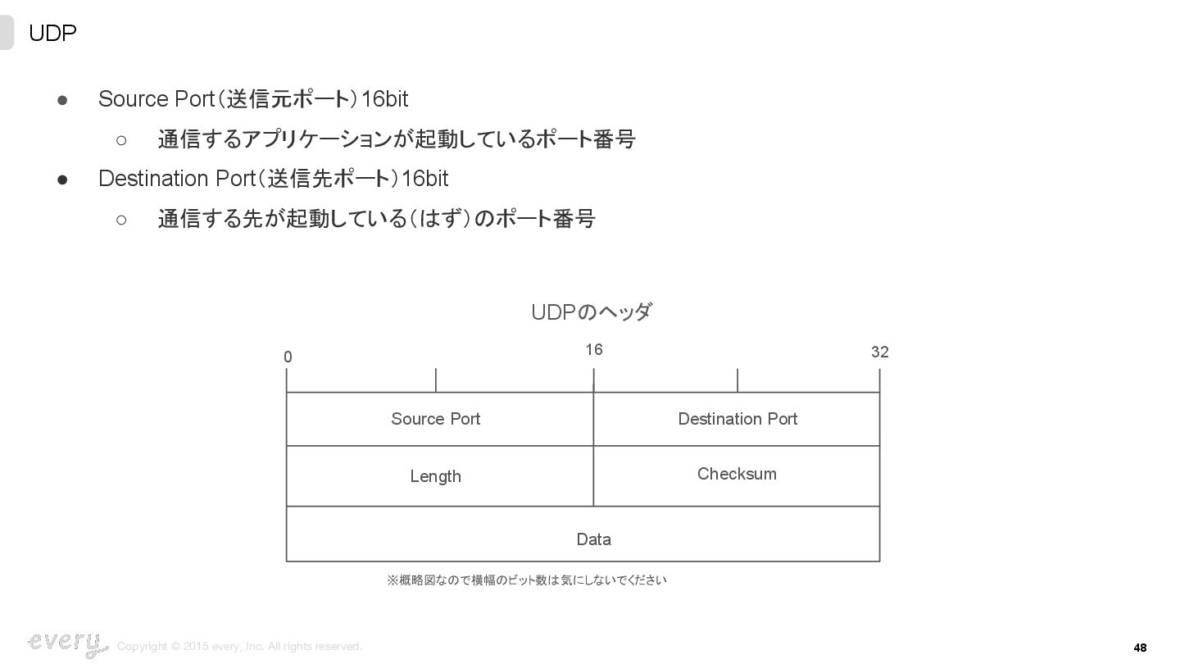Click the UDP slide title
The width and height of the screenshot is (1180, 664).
(x=52, y=34)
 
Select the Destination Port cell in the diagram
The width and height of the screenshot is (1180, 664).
(x=737, y=419)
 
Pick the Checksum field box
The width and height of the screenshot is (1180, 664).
(x=737, y=475)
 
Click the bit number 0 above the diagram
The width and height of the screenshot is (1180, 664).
(x=288, y=357)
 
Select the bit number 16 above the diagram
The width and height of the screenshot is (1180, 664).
(x=594, y=350)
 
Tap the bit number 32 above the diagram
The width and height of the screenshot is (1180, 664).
(x=879, y=352)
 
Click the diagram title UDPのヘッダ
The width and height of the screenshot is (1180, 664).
(x=591, y=312)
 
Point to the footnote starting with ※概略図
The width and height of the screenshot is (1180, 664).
(x=526, y=580)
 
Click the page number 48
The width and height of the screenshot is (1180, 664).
(x=1140, y=648)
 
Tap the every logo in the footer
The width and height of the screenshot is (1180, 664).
(x=67, y=644)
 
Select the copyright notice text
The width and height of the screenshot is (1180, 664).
(x=239, y=647)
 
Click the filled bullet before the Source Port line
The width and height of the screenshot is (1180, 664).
(x=62, y=100)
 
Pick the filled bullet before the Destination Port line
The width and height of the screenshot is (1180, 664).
(x=62, y=180)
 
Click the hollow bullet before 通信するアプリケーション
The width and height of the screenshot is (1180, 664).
(x=121, y=140)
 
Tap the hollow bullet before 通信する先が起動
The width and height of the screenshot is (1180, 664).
(x=121, y=220)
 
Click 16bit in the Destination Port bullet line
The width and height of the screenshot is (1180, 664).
(x=424, y=179)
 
